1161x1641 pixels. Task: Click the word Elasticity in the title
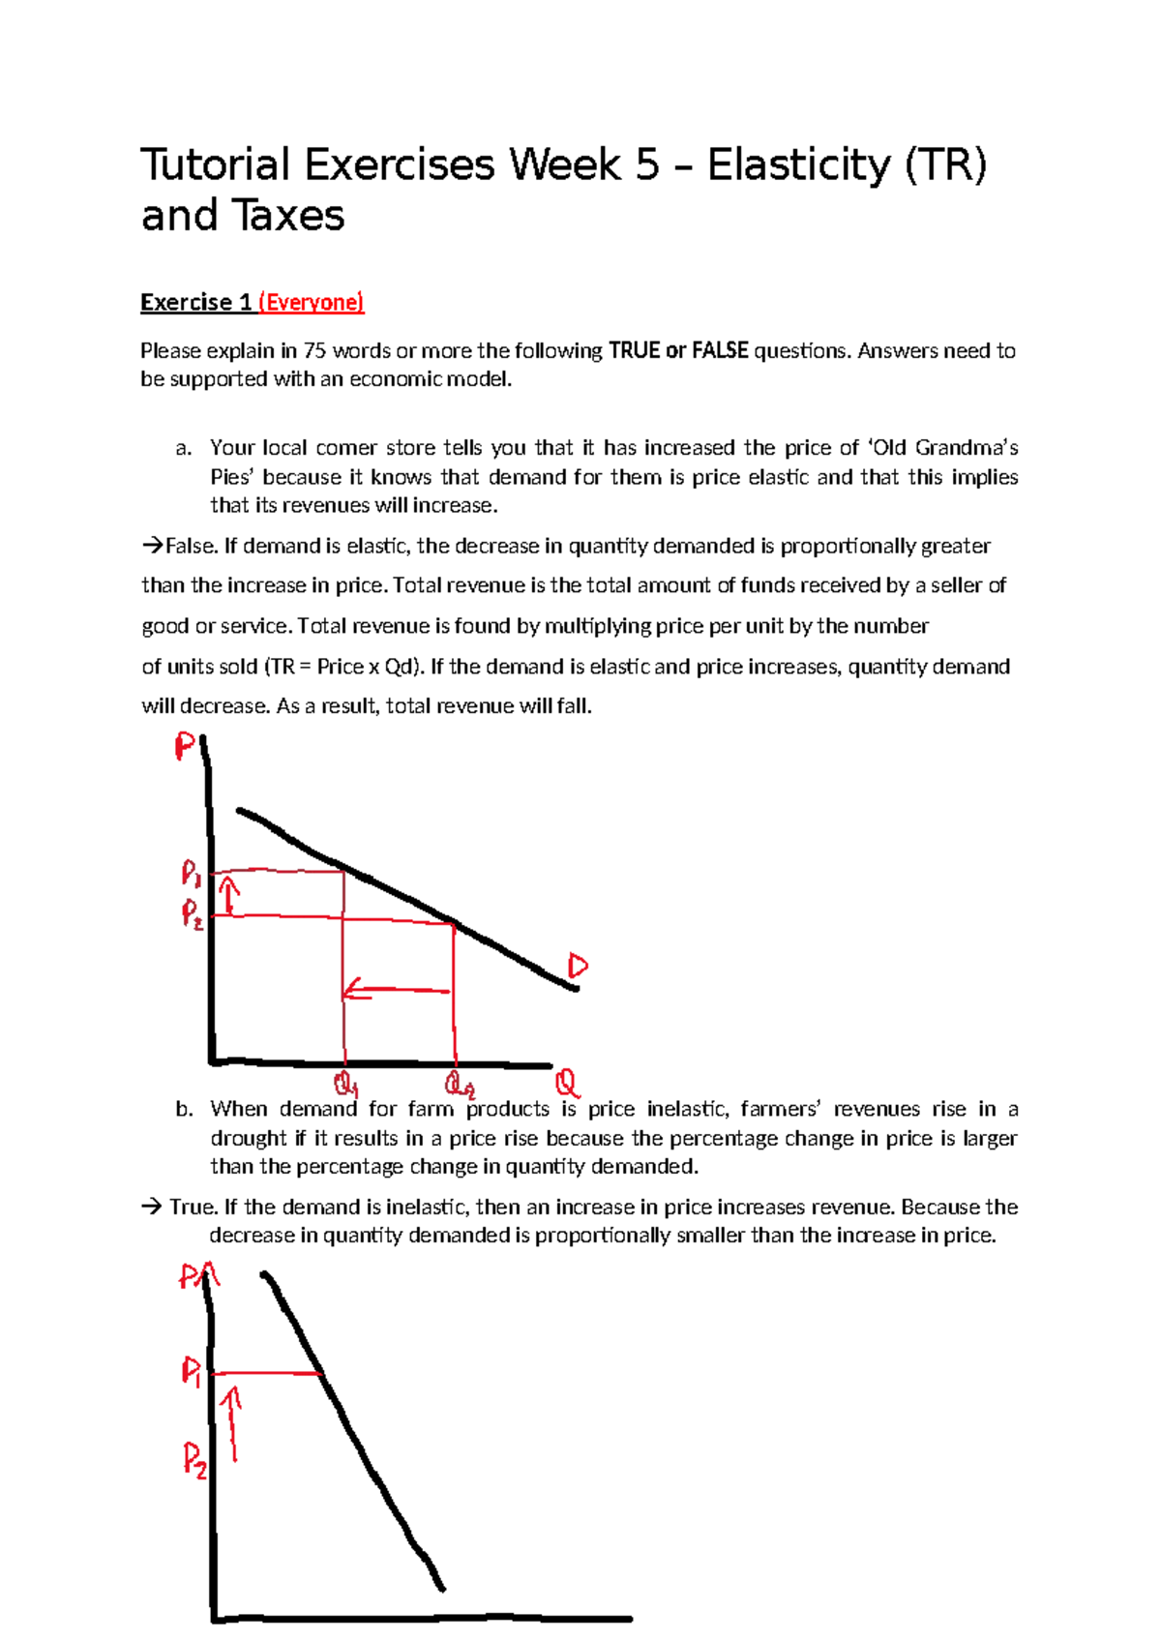(798, 165)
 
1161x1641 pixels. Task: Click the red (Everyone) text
(311, 303)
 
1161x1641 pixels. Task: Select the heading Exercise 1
(196, 303)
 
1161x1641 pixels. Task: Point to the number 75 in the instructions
(314, 351)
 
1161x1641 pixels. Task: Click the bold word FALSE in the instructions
(720, 351)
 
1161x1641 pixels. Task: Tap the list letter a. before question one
(184, 448)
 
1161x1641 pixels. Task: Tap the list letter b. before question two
(184, 1110)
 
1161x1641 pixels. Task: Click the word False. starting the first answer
(191, 547)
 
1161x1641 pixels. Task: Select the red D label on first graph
(578, 966)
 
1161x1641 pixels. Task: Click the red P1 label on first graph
(192, 875)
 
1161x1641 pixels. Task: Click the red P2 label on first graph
(193, 914)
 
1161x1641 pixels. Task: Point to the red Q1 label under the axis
(345, 1083)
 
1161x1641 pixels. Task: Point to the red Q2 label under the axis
(460, 1084)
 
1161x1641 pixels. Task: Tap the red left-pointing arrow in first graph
(397, 990)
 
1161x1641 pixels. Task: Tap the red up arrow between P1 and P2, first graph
(228, 895)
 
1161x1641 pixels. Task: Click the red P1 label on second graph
(193, 1371)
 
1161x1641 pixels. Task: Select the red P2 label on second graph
(194, 1458)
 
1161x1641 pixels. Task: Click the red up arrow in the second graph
(232, 1422)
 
